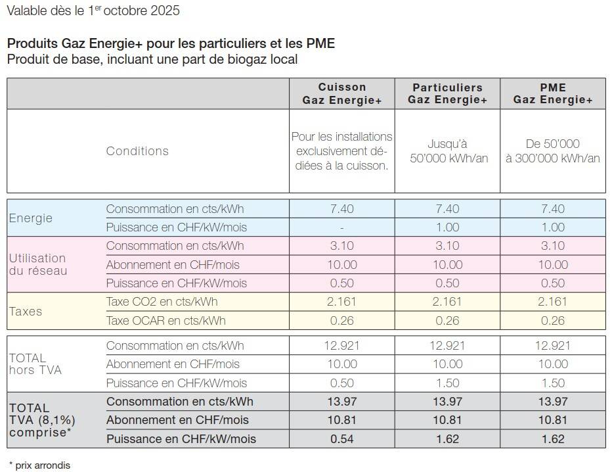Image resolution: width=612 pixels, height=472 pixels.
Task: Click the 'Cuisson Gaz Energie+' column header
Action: point(342,93)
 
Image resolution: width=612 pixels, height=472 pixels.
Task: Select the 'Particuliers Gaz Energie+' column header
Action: point(447,93)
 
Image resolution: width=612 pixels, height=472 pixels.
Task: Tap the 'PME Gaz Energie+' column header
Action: point(553,93)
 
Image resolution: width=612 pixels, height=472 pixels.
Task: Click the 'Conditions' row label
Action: point(137,151)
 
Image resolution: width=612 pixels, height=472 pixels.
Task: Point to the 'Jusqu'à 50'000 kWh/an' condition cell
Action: point(447,151)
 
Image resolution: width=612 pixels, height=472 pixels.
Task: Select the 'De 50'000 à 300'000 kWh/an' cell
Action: point(553,151)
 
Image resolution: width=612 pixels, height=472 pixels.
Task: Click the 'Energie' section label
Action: point(31,218)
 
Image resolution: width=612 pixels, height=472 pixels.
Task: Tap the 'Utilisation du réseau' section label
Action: point(37,264)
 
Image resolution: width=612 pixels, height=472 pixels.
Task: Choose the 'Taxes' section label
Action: point(26,312)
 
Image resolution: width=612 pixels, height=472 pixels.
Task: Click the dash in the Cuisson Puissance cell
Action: point(342,227)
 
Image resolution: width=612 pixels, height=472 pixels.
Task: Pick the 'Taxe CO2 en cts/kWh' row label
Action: point(162,302)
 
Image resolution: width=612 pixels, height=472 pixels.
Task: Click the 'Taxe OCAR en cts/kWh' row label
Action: point(165,321)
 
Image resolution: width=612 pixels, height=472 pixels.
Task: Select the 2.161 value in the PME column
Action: point(553,302)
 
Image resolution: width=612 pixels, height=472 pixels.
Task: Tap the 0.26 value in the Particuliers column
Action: point(447,321)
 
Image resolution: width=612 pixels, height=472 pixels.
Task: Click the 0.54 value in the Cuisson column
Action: point(342,438)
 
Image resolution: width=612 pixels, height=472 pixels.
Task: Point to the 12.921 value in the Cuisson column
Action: point(342,346)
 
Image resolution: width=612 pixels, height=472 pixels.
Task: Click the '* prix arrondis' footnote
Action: point(39,465)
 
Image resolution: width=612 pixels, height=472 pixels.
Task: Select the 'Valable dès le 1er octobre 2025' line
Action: point(93,11)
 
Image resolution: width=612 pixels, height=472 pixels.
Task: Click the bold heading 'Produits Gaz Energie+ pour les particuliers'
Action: point(171,44)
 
